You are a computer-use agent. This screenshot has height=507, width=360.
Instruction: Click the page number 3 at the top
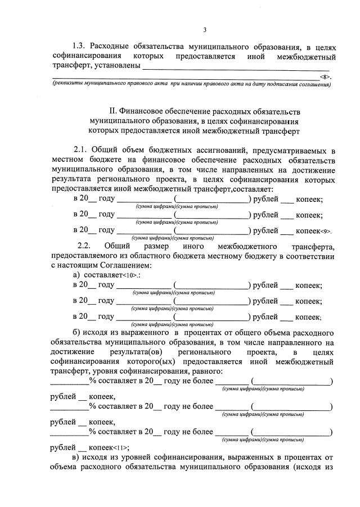(205, 30)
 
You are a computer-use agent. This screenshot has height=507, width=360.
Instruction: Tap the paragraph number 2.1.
(83, 150)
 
